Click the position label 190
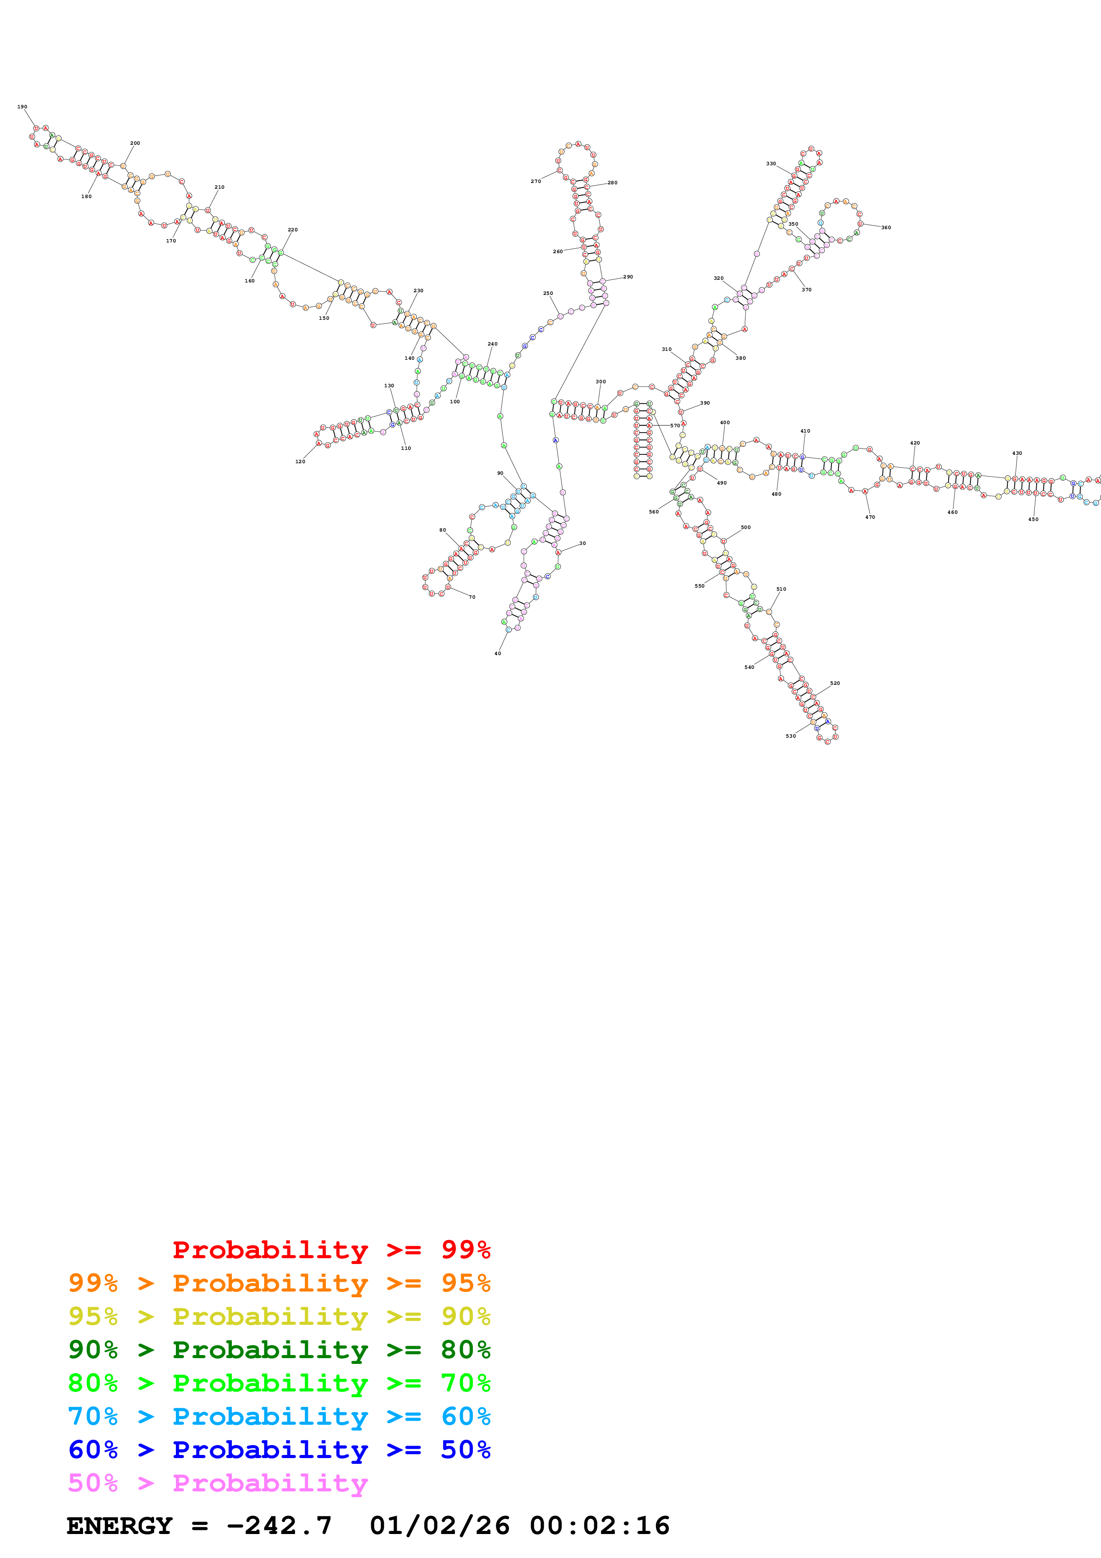pyautogui.click(x=22, y=107)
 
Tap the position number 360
pyautogui.click(x=886, y=227)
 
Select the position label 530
pyautogui.click(x=791, y=735)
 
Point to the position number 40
pyautogui.click(x=498, y=653)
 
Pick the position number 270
pyautogui.click(x=536, y=181)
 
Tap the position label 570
pyautogui.click(x=675, y=425)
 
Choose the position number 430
pyautogui.click(x=1017, y=453)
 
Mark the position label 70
pyautogui.click(x=472, y=597)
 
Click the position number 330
pyautogui.click(x=771, y=163)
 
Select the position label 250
pyautogui.click(x=548, y=293)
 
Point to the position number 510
pyautogui.click(x=782, y=589)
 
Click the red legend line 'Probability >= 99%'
pyautogui.click(x=331, y=1250)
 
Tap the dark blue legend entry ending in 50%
pyautogui.click(x=279, y=1450)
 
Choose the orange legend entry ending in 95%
pyautogui.click(x=279, y=1283)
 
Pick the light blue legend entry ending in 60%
pyautogui.click(x=279, y=1416)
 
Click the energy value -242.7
pyautogui.click(x=279, y=1526)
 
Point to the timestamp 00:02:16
pyautogui.click(x=600, y=1526)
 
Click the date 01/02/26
pyautogui.click(x=440, y=1526)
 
